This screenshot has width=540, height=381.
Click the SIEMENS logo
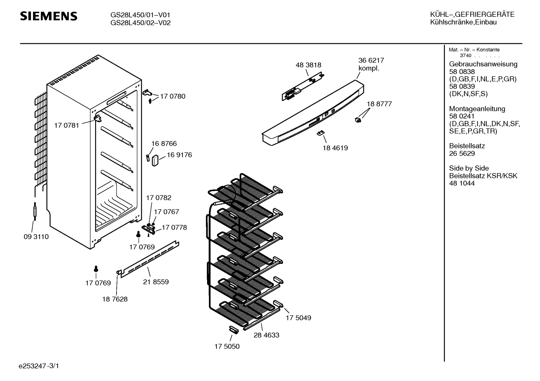pos(48,16)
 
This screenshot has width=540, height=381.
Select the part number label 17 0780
pos(173,96)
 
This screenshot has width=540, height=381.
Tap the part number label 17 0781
pos(67,125)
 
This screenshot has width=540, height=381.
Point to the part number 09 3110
pos(36,237)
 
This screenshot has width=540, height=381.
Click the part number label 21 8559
pos(156,282)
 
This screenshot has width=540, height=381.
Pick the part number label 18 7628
pos(115,299)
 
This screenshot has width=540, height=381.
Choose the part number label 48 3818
pos(308,65)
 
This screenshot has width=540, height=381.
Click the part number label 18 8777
pos(379,104)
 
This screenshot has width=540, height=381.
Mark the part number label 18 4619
pos(335,148)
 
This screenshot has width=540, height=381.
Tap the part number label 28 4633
pos(266,335)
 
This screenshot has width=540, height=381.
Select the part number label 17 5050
pos(227,346)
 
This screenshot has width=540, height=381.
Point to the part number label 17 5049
pos(298,318)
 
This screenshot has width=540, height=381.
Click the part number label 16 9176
pos(179,155)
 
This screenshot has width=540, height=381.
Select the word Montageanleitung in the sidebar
pos(477,109)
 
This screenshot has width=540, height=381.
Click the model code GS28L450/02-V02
pos(140,22)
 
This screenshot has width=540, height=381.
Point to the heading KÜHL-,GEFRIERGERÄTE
pos(472,15)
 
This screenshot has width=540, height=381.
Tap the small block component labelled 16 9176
pos(155,160)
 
